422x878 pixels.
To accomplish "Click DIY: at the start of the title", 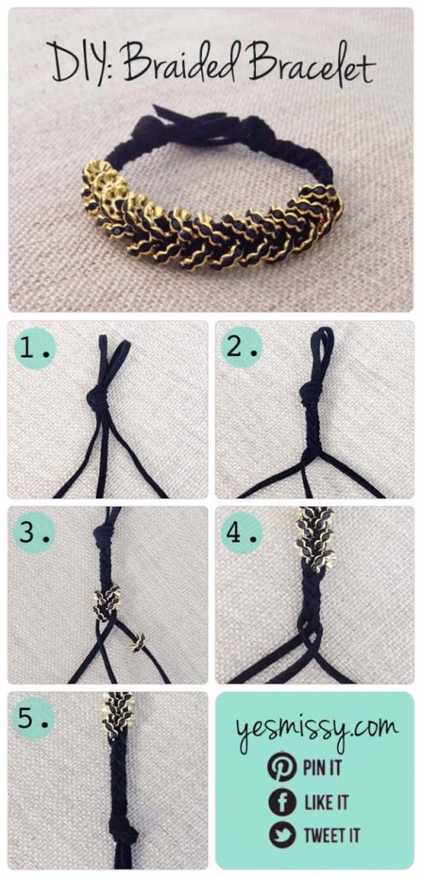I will pos(82,66).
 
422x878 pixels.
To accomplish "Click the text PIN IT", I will pos(322,767).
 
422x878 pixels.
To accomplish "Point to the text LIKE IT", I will pos(325,803).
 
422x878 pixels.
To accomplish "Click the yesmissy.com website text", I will pos(314,729).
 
